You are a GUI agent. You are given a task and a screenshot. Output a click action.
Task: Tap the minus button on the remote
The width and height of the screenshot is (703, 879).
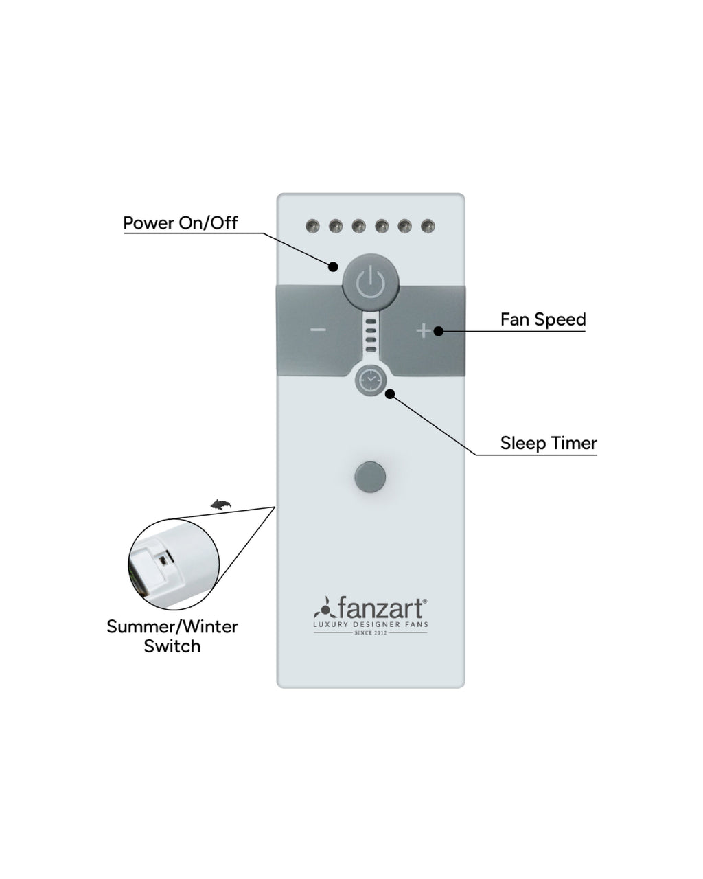point(319,330)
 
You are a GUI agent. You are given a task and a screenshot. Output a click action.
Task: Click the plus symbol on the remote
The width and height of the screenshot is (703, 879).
point(424,330)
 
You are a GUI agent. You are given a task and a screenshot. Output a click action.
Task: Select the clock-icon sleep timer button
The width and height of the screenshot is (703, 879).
point(371,380)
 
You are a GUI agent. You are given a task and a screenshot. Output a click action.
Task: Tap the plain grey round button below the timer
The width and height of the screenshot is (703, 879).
point(370,477)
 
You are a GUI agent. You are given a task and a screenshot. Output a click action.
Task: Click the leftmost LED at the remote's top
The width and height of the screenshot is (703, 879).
point(312,226)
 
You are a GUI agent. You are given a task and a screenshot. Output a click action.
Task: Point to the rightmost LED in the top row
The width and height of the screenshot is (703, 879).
point(428,226)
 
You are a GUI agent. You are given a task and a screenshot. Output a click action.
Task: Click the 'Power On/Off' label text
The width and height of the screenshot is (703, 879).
point(181,223)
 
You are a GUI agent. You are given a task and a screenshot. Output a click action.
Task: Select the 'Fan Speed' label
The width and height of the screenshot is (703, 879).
point(543,319)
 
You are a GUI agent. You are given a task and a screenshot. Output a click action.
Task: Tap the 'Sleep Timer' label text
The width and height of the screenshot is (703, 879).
point(548,443)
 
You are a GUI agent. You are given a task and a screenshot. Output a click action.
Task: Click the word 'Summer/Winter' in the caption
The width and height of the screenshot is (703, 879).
point(172,627)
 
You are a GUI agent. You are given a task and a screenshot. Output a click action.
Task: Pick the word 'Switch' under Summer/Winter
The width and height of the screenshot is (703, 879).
point(172,646)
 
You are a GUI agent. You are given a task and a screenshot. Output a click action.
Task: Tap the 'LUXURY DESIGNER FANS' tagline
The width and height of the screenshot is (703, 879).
point(371,624)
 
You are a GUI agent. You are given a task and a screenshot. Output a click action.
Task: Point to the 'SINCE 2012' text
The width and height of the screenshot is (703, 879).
point(371,632)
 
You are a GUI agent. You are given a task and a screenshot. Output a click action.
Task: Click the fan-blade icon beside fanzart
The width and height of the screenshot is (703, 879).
point(324,608)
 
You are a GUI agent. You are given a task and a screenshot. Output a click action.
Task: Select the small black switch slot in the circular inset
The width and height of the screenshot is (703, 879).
point(163,561)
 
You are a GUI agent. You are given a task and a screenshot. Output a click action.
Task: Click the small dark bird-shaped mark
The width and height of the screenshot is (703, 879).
point(220,505)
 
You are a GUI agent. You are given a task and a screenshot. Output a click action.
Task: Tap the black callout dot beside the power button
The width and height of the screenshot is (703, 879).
point(334,266)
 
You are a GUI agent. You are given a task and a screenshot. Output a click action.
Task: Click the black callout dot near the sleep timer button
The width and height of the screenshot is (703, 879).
point(390,394)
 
